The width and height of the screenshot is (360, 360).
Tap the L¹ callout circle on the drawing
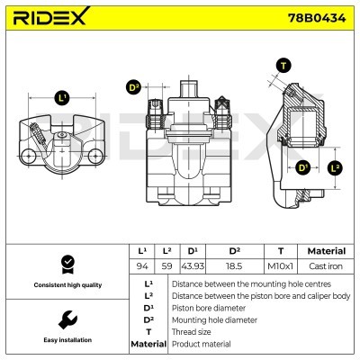tap(62, 97)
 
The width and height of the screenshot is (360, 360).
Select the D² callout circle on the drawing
tap(134, 87)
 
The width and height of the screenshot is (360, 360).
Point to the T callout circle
tap(283, 65)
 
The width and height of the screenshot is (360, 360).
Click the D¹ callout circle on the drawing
tap(302, 167)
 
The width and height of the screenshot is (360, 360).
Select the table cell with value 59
tap(167, 265)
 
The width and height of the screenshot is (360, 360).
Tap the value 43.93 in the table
tap(193, 265)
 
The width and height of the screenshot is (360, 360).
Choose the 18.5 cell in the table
tap(234, 265)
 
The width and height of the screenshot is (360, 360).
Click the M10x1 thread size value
tap(281, 265)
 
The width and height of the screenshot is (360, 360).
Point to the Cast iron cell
tap(326, 265)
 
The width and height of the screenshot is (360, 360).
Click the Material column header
tap(326, 251)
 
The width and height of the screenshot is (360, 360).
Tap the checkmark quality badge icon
tap(66, 264)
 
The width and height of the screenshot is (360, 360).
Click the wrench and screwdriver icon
tap(66, 319)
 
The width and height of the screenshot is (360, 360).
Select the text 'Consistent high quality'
tap(66, 285)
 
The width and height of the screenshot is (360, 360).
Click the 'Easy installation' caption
tap(66, 340)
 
